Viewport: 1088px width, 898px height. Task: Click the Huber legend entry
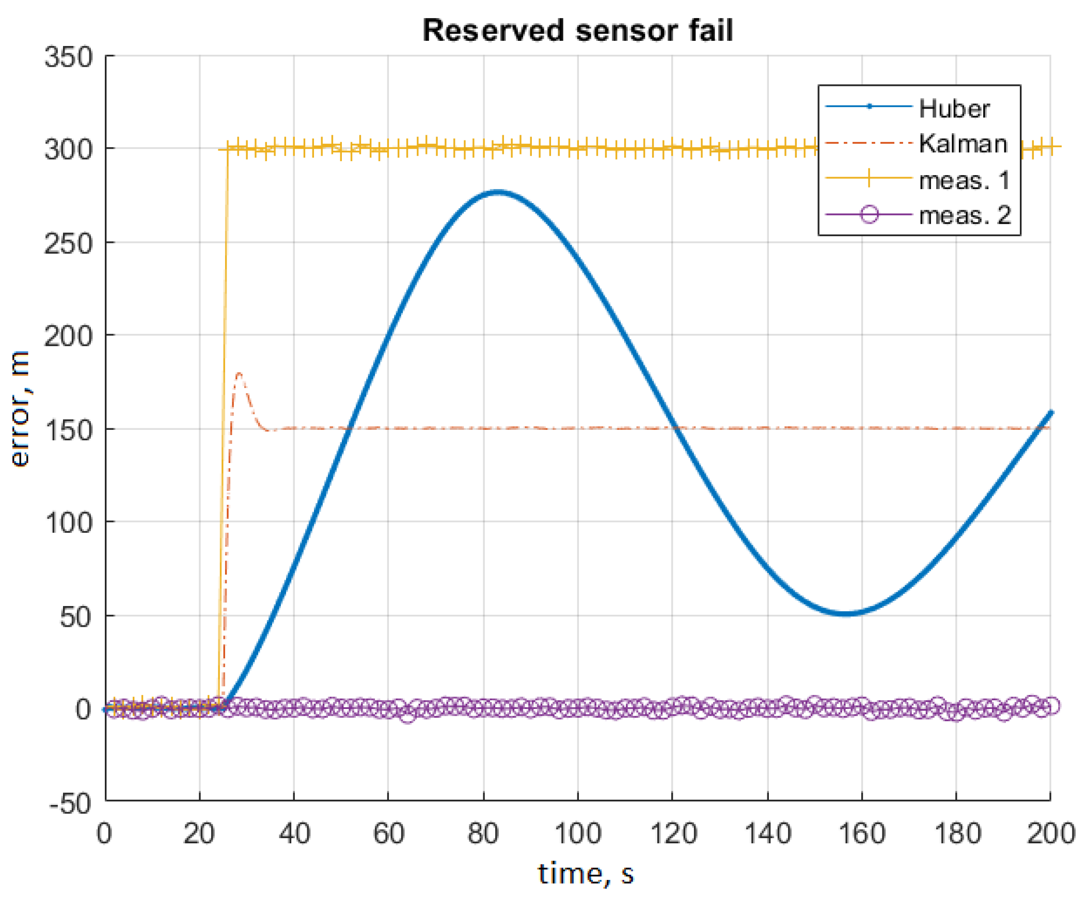[x=954, y=109]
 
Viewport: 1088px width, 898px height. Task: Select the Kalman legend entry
[x=963, y=144]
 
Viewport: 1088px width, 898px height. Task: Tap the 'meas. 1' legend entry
[x=964, y=180]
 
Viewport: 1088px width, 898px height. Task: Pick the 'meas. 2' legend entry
[x=965, y=215]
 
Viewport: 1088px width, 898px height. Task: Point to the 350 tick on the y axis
[x=69, y=57]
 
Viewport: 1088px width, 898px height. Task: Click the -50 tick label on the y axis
[x=70, y=804]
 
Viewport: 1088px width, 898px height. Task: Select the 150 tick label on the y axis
[x=69, y=430]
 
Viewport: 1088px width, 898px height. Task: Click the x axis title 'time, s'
[x=585, y=875]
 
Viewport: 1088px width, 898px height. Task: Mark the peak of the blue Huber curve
[x=497, y=192]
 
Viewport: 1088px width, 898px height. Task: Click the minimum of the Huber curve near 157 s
[x=846, y=613]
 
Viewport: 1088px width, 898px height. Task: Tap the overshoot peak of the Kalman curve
[x=239, y=374]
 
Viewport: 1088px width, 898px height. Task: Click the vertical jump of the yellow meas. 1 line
[x=224, y=414]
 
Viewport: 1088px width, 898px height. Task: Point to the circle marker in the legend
[x=869, y=214]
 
